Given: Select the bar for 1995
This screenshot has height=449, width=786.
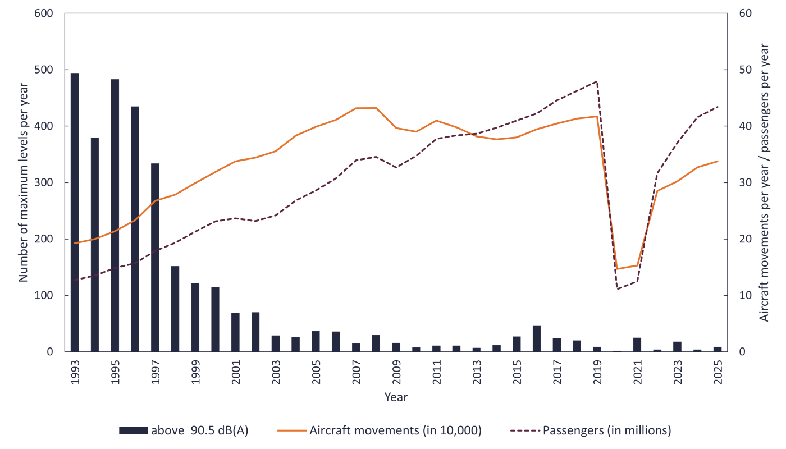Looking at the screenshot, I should click(115, 216).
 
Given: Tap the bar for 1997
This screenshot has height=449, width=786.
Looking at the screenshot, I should click(155, 258).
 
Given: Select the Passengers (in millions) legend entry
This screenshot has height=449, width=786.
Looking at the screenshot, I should click(606, 430).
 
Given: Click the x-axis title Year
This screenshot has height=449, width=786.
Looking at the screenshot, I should click(396, 397).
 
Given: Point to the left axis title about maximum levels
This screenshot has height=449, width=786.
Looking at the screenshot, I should click(23, 182).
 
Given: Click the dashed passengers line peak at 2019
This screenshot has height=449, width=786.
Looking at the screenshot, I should click(597, 81).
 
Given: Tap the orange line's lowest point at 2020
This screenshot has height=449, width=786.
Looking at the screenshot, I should click(618, 269).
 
